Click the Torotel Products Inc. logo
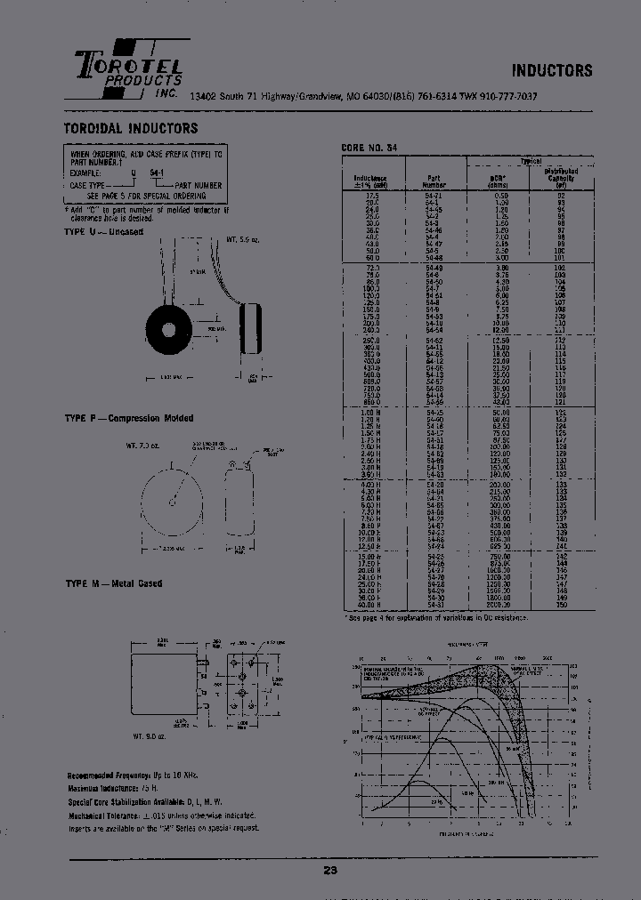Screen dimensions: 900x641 pos(129,69)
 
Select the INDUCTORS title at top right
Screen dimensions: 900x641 pos(551,70)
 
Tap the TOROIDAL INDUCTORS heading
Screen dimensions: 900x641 pos(131,128)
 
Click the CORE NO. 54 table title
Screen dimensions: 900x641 pos(370,148)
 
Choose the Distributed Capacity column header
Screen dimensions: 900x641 pos(560,178)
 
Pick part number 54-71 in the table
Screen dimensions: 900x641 pos(434,193)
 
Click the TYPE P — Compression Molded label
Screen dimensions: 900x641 pos(128,418)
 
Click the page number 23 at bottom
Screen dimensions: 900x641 pos(330,871)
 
